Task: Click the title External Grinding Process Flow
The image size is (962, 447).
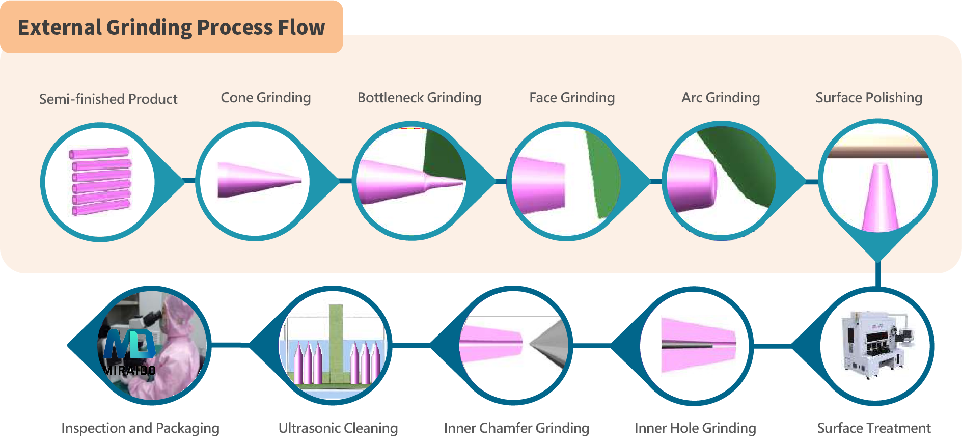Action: pyautogui.click(x=171, y=27)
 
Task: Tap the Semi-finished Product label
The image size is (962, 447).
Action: pyautogui.click(x=108, y=99)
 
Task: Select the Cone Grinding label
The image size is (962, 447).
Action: pyautogui.click(x=266, y=98)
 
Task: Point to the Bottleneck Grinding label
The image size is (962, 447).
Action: pyautogui.click(x=420, y=98)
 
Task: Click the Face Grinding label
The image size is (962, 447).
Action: pyautogui.click(x=572, y=98)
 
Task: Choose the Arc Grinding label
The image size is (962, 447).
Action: pyautogui.click(x=721, y=98)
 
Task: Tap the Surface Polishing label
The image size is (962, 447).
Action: pyautogui.click(x=869, y=98)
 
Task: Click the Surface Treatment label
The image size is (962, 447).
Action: pyautogui.click(x=874, y=428)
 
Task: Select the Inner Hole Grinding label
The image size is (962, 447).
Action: pyautogui.click(x=695, y=428)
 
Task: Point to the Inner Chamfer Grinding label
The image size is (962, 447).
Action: pyautogui.click(x=516, y=428)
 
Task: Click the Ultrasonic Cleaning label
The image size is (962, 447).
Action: pyautogui.click(x=338, y=428)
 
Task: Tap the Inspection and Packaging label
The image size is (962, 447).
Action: pyautogui.click(x=140, y=428)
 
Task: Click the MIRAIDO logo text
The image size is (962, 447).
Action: pyautogui.click(x=129, y=371)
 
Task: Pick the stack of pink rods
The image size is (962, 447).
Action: pyautogui.click(x=100, y=182)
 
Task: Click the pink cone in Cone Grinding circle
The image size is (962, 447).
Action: pyautogui.click(x=259, y=180)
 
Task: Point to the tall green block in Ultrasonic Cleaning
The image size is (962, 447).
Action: pyautogui.click(x=336, y=344)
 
